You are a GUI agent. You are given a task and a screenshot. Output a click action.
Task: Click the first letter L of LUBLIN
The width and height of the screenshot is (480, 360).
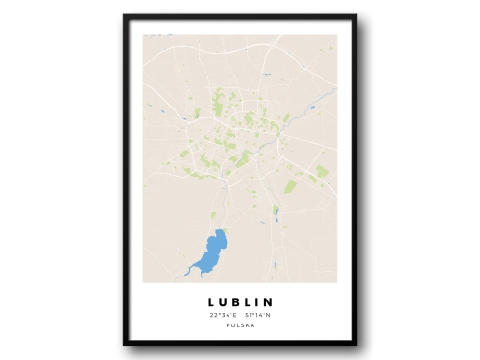pyautogui.click(x=209, y=301)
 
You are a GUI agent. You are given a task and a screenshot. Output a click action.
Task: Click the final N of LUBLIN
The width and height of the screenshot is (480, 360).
pyautogui.click(x=269, y=301)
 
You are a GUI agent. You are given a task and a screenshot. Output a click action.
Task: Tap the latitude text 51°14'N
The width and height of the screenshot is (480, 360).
pyautogui.click(x=258, y=315)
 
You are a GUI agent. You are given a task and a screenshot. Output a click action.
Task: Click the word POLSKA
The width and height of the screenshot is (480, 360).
pyautogui.click(x=240, y=325)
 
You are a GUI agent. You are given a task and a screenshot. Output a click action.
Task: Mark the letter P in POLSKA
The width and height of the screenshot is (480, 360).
pyautogui.click(x=228, y=325)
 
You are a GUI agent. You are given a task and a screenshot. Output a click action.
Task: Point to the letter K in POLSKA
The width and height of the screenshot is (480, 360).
pyautogui.click(x=247, y=325)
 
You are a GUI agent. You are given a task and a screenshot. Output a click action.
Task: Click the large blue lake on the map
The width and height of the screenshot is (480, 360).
pyautogui.click(x=212, y=252)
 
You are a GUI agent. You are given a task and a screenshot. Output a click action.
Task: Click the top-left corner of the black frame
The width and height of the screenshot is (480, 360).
pyautogui.click(x=125, y=16)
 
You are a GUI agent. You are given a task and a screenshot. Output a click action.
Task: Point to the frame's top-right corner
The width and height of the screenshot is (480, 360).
pyautogui.click(x=355, y=16)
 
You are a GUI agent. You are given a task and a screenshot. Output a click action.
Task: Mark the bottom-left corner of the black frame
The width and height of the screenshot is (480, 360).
pyautogui.click(x=125, y=344)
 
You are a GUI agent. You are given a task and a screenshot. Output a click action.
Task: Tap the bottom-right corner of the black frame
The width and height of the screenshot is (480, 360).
pyautogui.click(x=355, y=344)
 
